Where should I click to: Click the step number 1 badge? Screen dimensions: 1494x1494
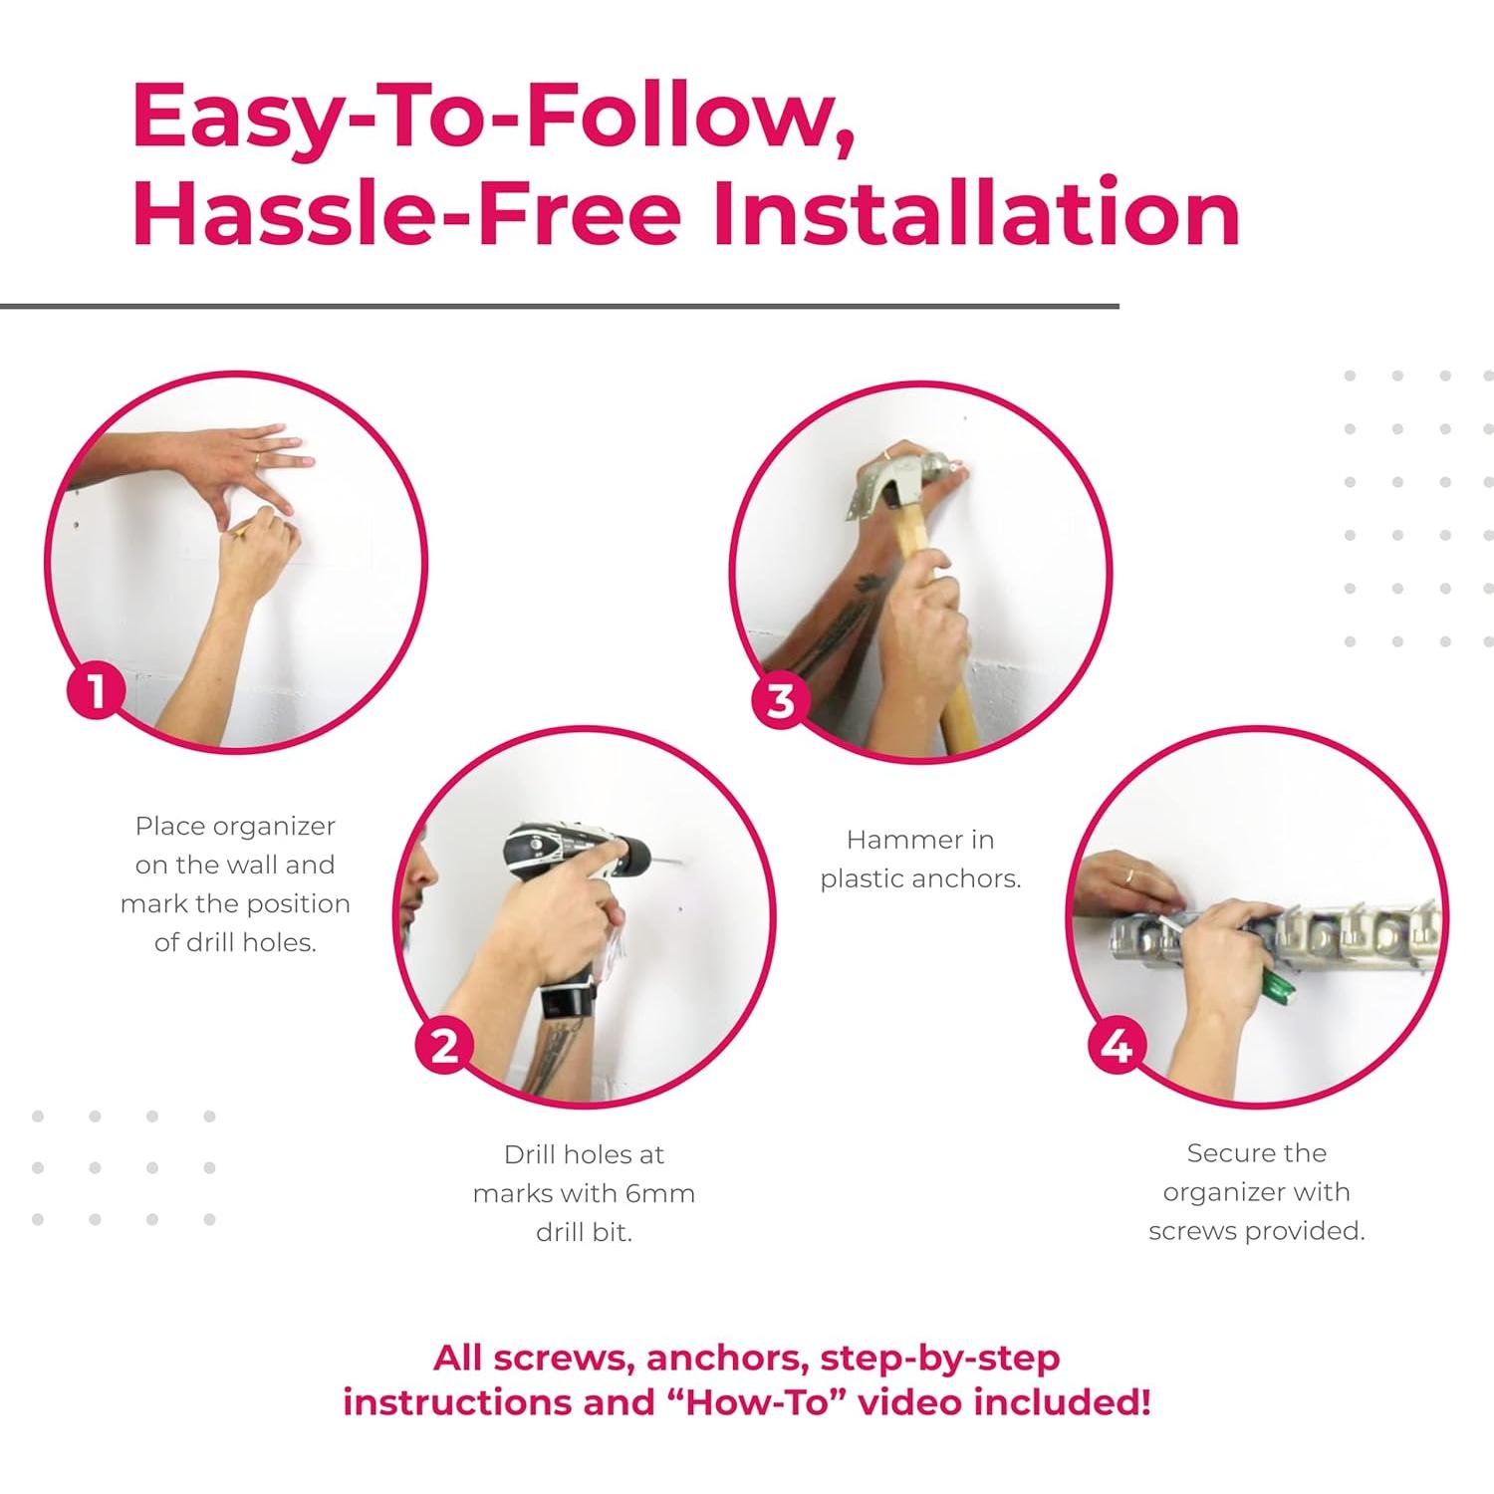(96, 690)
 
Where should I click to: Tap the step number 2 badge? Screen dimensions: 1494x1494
(444, 1046)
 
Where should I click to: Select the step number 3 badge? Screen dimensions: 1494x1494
(781, 700)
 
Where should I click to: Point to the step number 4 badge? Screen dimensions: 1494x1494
(1118, 1046)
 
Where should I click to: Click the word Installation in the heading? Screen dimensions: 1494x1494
(977, 213)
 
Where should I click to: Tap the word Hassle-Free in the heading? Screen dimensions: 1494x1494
(406, 213)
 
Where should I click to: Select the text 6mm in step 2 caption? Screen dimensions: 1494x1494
(661, 1193)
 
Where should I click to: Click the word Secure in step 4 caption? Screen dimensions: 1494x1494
(1217, 1152)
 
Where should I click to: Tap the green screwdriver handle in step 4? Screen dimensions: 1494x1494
(1279, 985)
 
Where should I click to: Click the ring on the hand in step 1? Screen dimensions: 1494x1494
(257, 460)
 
